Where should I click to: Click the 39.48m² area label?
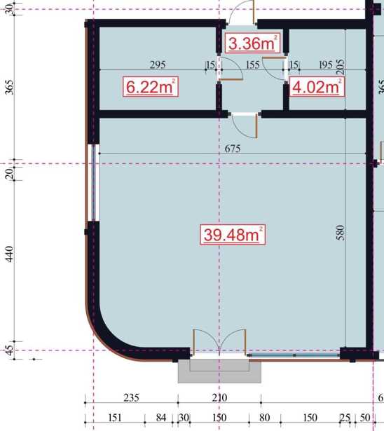233,235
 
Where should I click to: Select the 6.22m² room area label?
151,87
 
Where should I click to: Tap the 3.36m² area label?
252,43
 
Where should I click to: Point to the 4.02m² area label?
317,87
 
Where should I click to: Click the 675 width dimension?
233,149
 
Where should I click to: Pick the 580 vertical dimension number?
340,233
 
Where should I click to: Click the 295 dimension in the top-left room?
158,65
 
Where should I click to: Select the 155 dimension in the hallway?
252,65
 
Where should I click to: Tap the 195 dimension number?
326,65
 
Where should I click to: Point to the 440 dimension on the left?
9,254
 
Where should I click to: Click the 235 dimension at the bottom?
132,398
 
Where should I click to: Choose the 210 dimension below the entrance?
219,398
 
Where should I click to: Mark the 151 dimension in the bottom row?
115,418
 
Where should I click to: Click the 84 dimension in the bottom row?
161,418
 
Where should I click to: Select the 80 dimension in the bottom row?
264,418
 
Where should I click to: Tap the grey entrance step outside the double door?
219,371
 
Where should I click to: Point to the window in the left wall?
93,182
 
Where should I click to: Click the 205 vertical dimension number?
340,67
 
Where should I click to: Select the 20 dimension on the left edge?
9,173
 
